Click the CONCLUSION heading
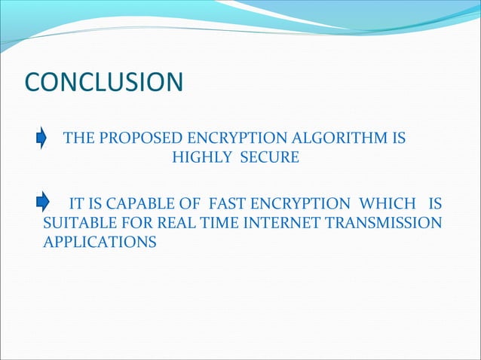[x=104, y=82]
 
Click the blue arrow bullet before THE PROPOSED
[x=43, y=139]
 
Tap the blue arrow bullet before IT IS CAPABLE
[x=43, y=203]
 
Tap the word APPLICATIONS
[x=100, y=243]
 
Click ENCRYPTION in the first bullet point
[x=245, y=139]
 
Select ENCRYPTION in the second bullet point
[x=299, y=204]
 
